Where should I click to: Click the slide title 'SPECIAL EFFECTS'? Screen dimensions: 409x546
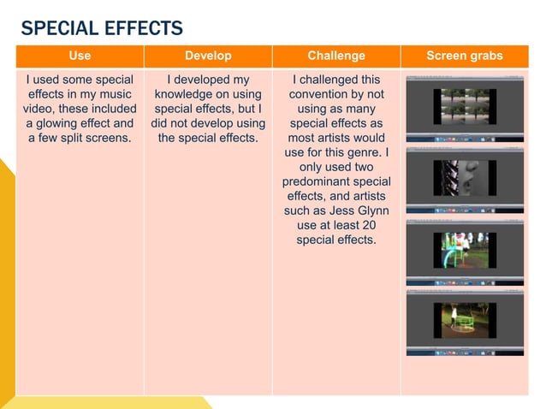102,28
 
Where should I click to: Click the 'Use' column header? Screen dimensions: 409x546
80,56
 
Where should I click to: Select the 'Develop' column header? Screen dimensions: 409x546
208,56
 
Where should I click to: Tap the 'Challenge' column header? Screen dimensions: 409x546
335,56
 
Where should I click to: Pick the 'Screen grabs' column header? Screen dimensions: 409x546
464,56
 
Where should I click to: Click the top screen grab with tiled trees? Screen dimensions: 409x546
464,109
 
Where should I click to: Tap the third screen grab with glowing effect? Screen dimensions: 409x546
464,252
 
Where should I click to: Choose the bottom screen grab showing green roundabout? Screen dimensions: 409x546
464,321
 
